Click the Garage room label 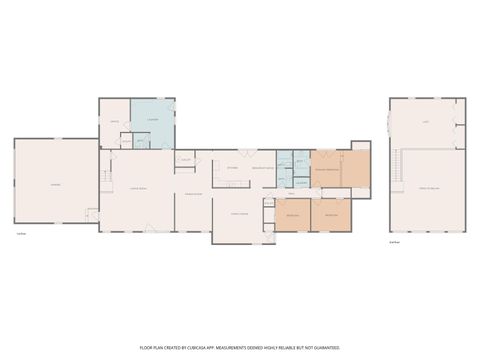(x=55, y=186)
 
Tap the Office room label (x=115, y=122)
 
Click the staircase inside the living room (x=105, y=178)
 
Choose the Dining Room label (x=193, y=193)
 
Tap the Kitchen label (x=231, y=167)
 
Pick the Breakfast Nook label (x=263, y=169)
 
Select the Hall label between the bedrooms (x=292, y=194)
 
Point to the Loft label (x=424, y=121)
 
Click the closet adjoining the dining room (x=186, y=159)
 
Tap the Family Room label (x=240, y=213)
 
